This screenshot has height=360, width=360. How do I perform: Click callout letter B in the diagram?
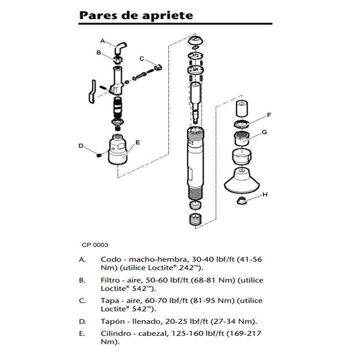tap(99, 52)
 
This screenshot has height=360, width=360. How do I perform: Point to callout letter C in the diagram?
tap(141, 58)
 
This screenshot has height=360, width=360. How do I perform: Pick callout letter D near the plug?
tap(80, 146)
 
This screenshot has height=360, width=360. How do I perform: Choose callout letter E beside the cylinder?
tap(137, 141)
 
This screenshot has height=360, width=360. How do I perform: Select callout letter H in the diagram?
tap(265, 193)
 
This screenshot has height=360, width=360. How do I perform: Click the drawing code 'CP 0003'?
tap(95, 245)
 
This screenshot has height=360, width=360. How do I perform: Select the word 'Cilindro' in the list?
tap(115, 333)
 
